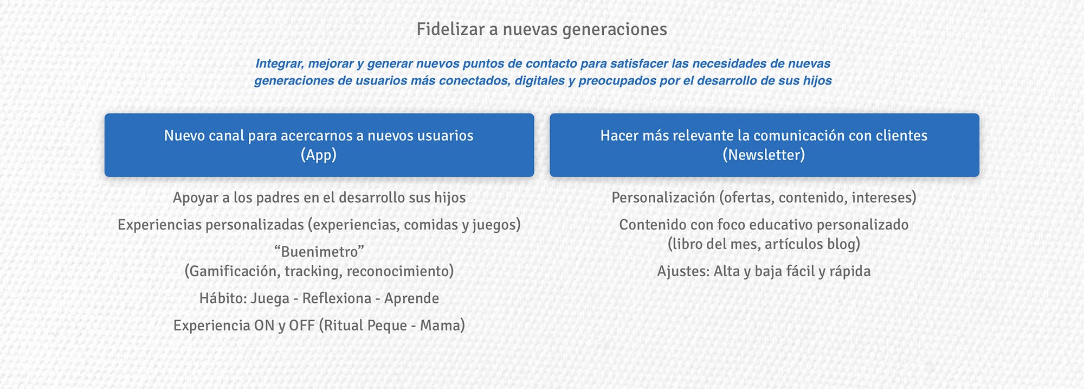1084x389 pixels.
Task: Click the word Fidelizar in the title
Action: coord(450,29)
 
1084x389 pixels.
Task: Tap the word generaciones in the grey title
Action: coord(615,30)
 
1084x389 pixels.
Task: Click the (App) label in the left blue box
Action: coord(319,155)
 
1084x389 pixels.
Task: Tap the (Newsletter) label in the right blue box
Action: coord(764,155)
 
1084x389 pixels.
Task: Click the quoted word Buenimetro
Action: coord(319,252)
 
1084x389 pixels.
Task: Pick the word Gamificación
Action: coord(232,271)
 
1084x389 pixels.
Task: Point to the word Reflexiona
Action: coord(337,298)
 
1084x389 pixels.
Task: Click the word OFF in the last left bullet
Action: coord(301,326)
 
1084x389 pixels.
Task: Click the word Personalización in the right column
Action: coord(663,197)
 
